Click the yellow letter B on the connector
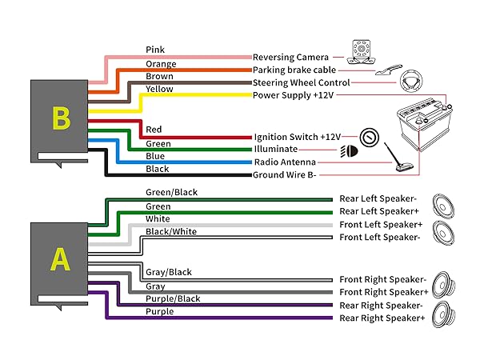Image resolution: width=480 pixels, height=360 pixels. (62, 118)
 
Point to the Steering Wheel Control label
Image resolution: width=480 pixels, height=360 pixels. (301, 82)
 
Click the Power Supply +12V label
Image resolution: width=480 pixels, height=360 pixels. (293, 95)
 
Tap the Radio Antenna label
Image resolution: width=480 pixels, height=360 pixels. (286, 162)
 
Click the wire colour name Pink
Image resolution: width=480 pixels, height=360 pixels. (155, 50)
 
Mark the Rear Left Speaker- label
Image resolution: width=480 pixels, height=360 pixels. (378, 199)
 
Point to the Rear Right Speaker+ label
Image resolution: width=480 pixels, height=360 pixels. (382, 318)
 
